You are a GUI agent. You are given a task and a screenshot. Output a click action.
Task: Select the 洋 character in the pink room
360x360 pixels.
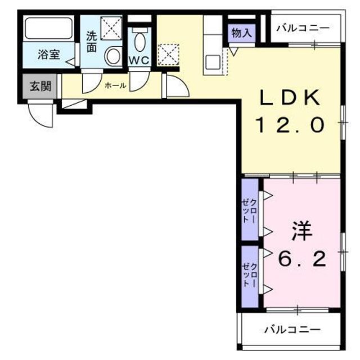302,231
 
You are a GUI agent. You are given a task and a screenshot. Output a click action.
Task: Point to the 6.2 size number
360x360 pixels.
302,259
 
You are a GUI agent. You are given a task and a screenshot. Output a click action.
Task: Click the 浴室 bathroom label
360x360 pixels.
48,55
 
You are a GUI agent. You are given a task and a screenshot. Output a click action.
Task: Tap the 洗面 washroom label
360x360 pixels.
92,41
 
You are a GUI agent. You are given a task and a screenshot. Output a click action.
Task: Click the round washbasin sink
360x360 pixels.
113,56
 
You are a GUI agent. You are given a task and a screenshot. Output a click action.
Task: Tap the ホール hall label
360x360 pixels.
115,85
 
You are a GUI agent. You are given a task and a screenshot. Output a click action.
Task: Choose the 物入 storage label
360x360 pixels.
241,33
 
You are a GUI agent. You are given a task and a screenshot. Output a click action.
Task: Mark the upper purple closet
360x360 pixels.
250,209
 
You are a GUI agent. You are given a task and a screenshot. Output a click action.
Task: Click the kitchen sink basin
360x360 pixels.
213,61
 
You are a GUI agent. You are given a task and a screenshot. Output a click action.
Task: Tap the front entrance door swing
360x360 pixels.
42,115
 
